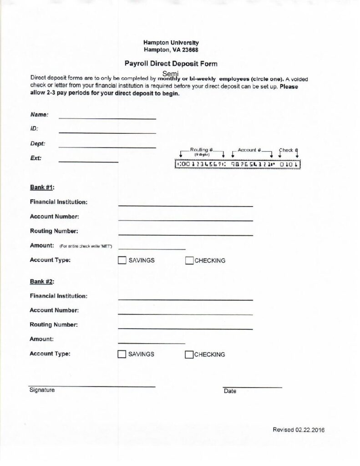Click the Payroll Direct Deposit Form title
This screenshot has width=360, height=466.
pyautogui.click(x=171, y=64)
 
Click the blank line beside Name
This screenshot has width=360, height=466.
pyautogui.click(x=107, y=117)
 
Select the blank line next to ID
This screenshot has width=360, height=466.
pyautogui.click(x=107, y=132)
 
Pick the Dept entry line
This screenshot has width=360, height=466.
pyautogui.click(x=107, y=147)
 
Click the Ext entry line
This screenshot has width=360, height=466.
pyautogui.click(x=88, y=161)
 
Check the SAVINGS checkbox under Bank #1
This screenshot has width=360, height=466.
pyautogui.click(x=122, y=261)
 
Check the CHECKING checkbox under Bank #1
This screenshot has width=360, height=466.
pyautogui.click(x=189, y=261)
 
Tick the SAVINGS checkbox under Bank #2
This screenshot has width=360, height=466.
pyautogui.click(x=122, y=355)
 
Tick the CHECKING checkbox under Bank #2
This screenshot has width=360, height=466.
pyautogui.click(x=189, y=355)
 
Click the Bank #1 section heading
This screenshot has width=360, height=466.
pyautogui.click(x=42, y=187)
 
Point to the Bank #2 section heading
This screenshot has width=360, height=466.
pyautogui.click(x=42, y=281)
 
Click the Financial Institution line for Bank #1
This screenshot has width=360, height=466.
pyautogui.click(x=185, y=205)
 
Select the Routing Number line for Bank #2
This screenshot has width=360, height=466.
pyautogui.click(x=185, y=328)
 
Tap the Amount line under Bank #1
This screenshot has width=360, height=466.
pyautogui.click(x=152, y=248)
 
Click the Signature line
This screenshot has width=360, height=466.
pyautogui.click(x=91, y=386)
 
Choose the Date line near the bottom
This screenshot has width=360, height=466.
pyautogui.click(x=252, y=387)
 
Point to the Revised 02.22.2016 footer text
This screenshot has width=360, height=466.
pyautogui.click(x=299, y=430)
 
